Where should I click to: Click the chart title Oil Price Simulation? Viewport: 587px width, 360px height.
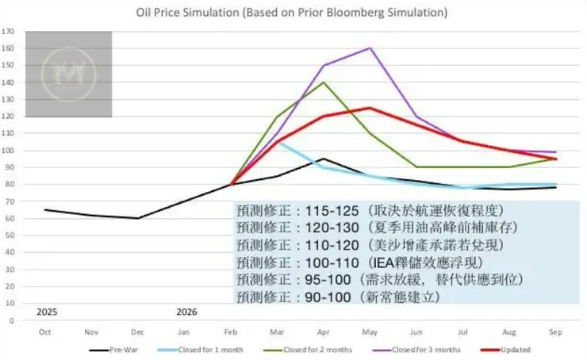click(x=291, y=13)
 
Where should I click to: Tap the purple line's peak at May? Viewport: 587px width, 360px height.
click(x=369, y=48)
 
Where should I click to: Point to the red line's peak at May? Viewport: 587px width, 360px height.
click(x=369, y=108)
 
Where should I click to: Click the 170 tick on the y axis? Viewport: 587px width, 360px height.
click(x=10, y=32)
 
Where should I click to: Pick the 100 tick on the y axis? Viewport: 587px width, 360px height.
click(x=10, y=151)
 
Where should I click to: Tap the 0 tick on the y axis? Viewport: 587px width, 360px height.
click(x=13, y=321)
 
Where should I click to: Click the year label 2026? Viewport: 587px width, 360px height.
click(x=186, y=312)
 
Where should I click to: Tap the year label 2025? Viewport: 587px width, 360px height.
click(x=47, y=312)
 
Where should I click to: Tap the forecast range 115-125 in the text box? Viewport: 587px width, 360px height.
click(x=326, y=212)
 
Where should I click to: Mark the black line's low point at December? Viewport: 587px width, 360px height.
click(x=137, y=218)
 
